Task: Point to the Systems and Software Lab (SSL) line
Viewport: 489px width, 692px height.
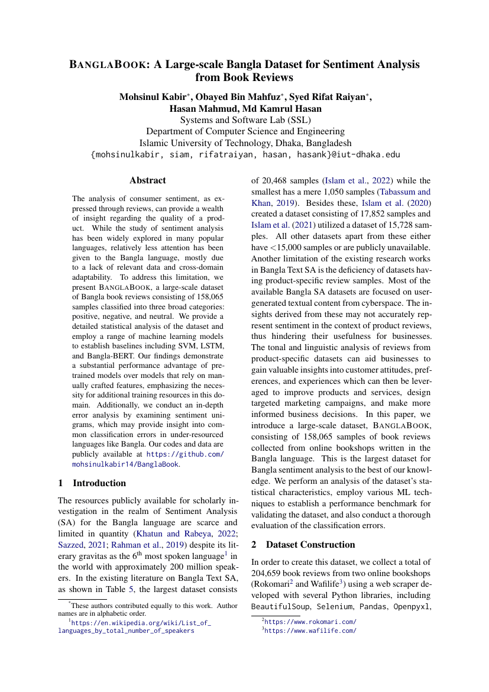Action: click(x=245, y=120)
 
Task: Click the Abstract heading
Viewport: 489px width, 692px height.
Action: click(x=147, y=180)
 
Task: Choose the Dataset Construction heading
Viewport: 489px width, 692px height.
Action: click(x=310, y=544)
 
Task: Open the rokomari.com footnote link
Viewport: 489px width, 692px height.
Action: click(x=310, y=622)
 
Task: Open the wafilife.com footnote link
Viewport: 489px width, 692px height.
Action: click(x=310, y=630)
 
